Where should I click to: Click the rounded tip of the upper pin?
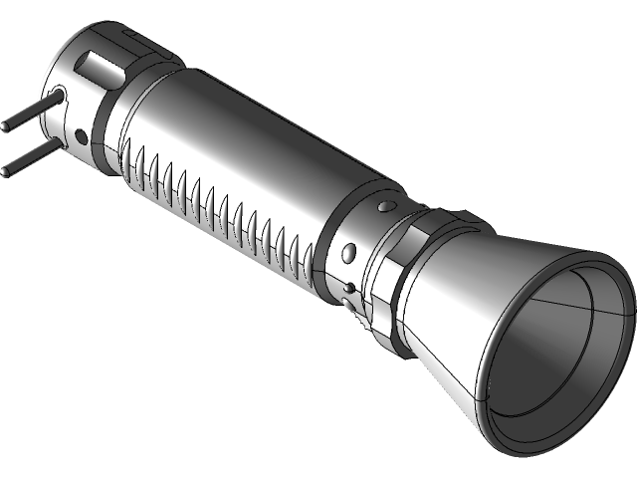6,127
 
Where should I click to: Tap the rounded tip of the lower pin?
5,171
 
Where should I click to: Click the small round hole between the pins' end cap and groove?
78,135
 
